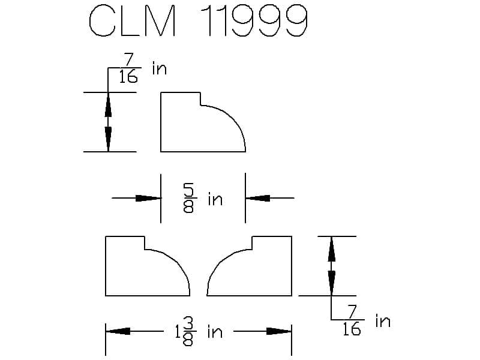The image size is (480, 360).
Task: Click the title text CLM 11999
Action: [198, 21]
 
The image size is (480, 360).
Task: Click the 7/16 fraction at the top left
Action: [128, 68]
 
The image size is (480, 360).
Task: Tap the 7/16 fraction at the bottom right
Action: [352, 320]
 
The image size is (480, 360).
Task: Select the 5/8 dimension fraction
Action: [188, 198]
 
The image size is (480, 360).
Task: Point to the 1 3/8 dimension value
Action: [184, 332]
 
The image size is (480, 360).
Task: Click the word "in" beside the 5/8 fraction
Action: [215, 199]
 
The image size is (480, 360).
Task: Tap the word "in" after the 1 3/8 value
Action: [215, 332]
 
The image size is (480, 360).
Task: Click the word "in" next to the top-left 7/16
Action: [160, 68]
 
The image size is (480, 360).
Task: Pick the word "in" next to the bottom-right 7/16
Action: [383, 321]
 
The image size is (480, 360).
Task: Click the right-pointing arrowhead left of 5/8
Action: [148, 198]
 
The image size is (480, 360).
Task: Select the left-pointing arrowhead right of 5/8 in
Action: [257, 198]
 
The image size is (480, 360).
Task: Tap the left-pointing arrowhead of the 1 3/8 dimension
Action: [118, 331]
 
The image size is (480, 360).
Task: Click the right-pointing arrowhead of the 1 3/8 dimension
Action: [279, 331]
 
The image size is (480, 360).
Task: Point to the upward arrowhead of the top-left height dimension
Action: [108, 104]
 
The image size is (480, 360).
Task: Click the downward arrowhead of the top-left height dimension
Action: [108, 139]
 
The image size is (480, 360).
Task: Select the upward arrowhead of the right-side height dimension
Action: [331, 249]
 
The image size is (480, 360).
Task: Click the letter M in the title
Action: [161, 21]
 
